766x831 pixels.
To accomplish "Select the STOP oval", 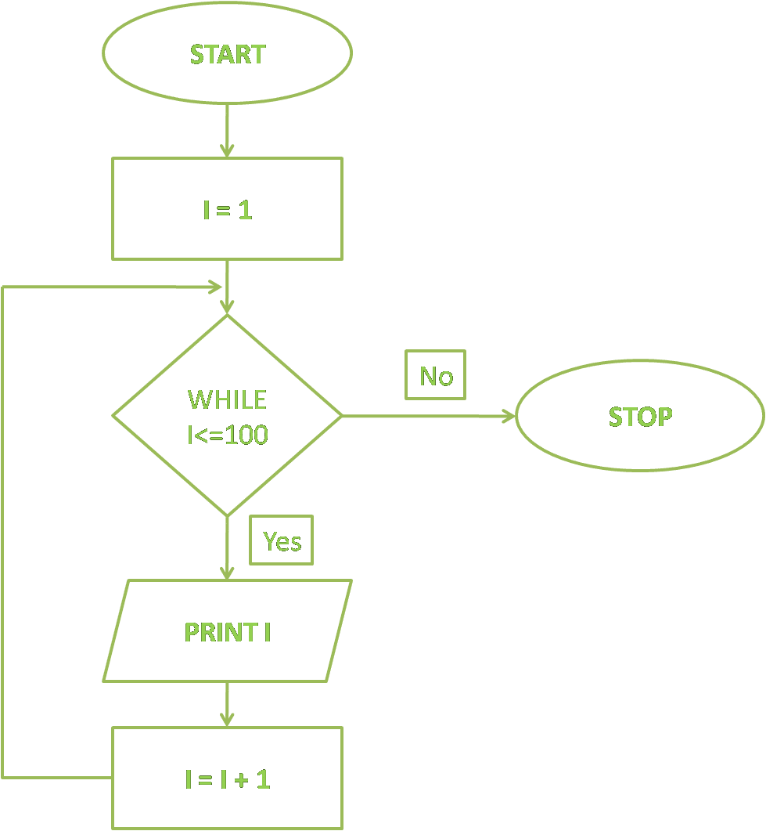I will coord(639,416).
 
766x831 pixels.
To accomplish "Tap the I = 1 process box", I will coord(227,209).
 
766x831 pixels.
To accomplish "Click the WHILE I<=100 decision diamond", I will coord(227,415).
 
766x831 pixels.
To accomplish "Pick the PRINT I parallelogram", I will coord(227,631).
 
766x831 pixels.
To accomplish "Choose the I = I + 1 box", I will coord(227,779).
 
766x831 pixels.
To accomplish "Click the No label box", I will coord(436,376).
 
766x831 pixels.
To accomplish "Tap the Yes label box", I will coord(282,540).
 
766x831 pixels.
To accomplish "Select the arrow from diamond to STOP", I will coord(426,416).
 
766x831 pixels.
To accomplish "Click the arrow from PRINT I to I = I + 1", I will coord(227,704).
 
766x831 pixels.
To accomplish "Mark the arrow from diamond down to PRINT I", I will coord(227,548).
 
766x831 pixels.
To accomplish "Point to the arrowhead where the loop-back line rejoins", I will coord(213,287).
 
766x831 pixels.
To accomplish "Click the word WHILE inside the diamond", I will coord(227,399).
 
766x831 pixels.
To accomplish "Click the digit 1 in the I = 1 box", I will coord(245,210).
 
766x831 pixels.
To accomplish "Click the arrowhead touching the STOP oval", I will coord(509,416).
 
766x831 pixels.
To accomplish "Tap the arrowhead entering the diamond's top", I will coord(227,306).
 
